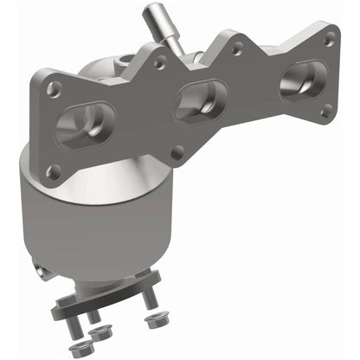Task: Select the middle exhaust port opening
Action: (200, 100)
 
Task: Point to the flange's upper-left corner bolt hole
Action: (55, 88)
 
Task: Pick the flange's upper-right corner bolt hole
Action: (328, 38)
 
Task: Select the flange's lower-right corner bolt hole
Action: (325, 110)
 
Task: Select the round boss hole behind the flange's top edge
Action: (128, 60)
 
